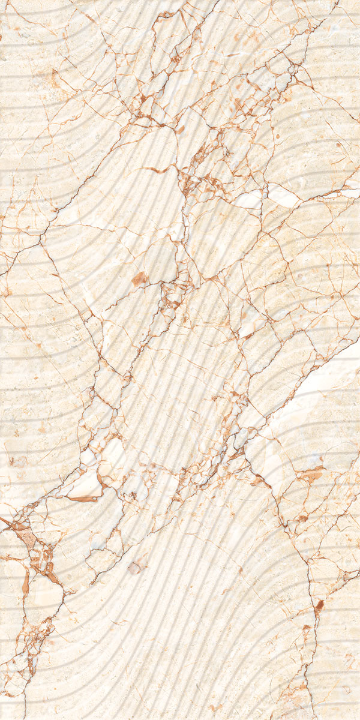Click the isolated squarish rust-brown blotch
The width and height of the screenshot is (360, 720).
140,278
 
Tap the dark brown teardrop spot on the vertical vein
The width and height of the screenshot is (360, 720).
319,606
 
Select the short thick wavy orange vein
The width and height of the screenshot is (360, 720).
157,170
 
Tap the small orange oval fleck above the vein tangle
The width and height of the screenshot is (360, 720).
181,129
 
